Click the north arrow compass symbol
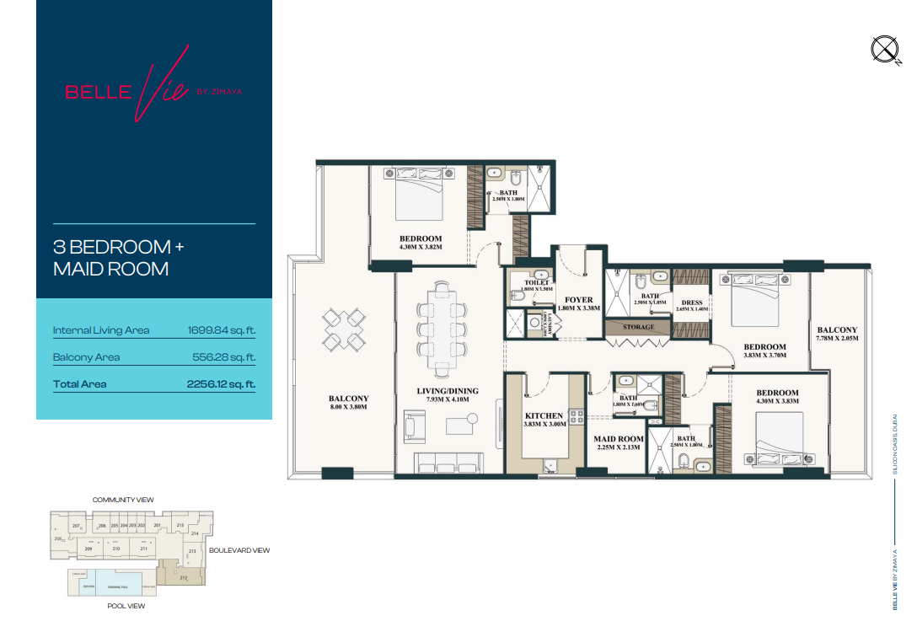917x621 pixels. point(885,51)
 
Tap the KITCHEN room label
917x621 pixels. point(544,416)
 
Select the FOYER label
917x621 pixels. point(579,300)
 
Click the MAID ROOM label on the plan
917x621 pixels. point(619,439)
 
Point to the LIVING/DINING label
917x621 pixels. point(448,391)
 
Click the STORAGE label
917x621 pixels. point(638,327)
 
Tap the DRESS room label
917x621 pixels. point(693,302)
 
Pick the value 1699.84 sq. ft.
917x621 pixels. point(221,330)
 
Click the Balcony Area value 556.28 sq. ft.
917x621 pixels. point(224,357)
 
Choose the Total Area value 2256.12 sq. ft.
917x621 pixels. point(221,384)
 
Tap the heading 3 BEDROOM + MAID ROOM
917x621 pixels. point(118,258)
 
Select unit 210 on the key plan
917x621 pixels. point(116,549)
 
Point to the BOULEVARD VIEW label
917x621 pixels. point(239,550)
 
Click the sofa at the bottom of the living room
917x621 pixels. point(448,463)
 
